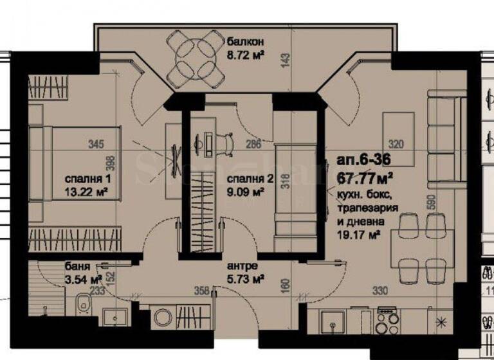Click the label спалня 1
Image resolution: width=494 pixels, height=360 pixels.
82,178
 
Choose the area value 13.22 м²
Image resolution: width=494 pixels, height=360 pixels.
84,191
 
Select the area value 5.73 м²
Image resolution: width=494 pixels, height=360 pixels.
246,278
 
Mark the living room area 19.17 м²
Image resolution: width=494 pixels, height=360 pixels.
355,236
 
